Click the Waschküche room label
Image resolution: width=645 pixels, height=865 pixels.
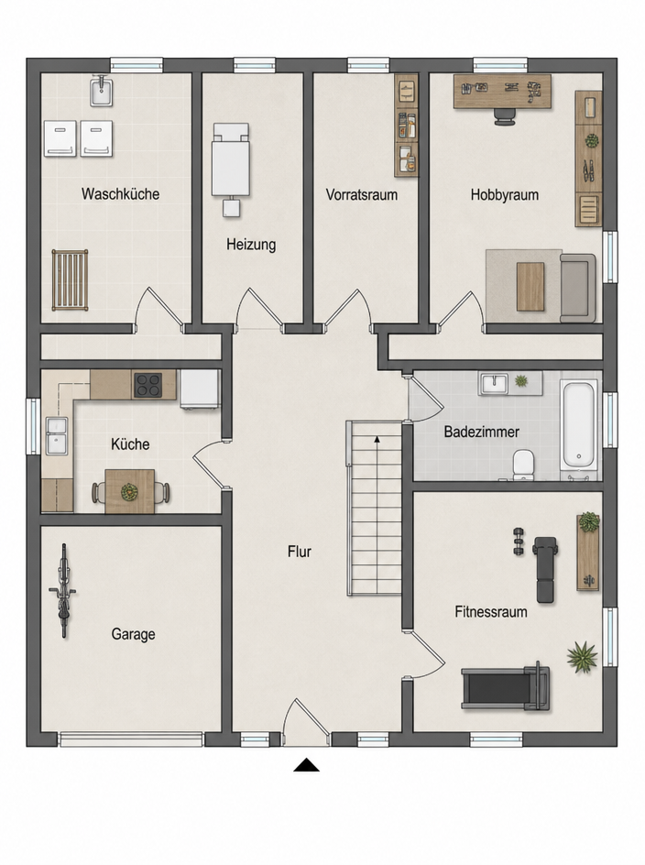click(120, 194)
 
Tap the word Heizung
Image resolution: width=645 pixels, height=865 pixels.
click(251, 245)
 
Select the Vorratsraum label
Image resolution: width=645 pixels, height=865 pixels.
click(361, 195)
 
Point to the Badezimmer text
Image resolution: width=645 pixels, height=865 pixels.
click(481, 432)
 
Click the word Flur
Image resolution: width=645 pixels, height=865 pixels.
click(299, 552)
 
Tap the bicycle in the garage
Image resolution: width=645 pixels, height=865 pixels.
click(63, 590)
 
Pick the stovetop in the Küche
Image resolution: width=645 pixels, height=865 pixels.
click(148, 385)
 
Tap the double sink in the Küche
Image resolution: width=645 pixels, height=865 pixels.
click(56, 436)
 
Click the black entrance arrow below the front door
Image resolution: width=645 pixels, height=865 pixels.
click(306, 764)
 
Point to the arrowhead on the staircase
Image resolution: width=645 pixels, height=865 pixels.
click(377, 440)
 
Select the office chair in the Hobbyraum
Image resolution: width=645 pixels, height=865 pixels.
click(505, 116)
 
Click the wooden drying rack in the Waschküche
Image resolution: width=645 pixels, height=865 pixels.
click(70, 279)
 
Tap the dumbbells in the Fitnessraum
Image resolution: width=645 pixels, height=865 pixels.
click(519, 542)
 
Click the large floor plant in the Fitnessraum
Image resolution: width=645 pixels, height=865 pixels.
click(582, 656)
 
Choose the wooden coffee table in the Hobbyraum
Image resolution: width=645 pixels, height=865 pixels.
click(530, 286)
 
